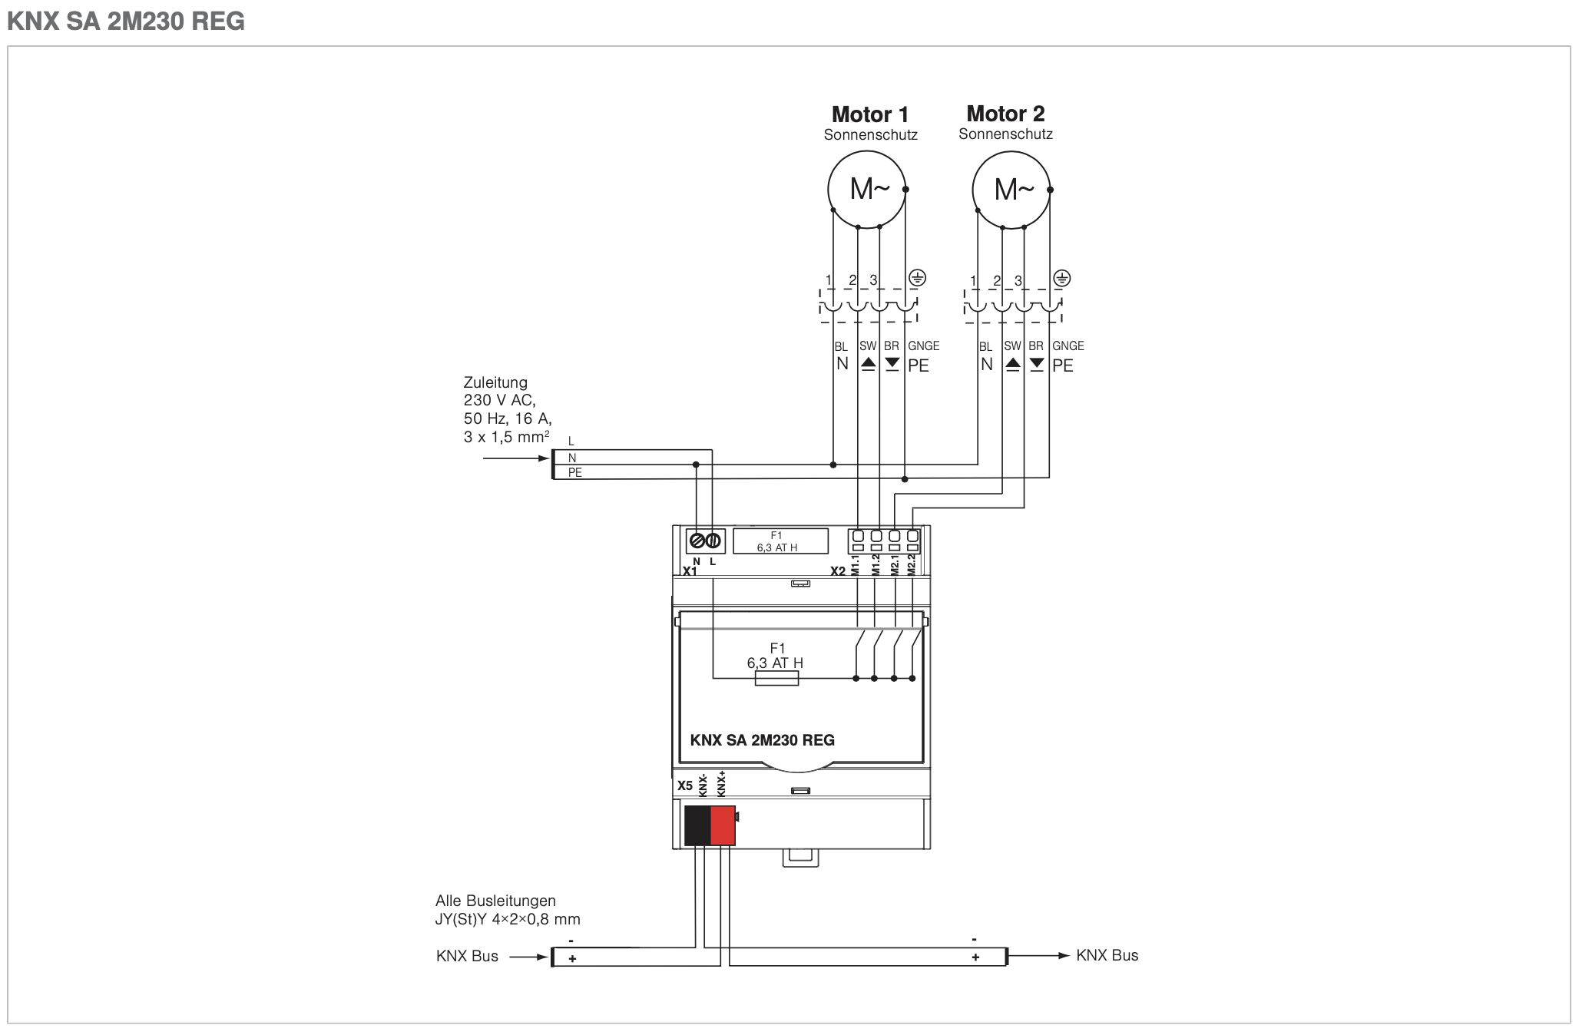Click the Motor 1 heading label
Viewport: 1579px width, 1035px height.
[x=870, y=114]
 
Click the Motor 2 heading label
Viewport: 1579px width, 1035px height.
[x=1005, y=114]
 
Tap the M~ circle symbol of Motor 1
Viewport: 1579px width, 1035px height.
[x=867, y=189]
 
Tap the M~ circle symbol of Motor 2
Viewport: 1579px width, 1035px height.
[x=1011, y=189]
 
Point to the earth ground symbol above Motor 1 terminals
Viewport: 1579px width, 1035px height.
[x=917, y=278]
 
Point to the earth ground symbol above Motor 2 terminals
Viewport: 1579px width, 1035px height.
[x=1061, y=278]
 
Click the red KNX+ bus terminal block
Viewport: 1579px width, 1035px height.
[x=723, y=825]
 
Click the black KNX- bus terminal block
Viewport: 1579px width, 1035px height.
[x=697, y=825]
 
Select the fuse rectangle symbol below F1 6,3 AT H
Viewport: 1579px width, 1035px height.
[x=776, y=679]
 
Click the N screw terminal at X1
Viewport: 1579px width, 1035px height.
[x=697, y=541]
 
